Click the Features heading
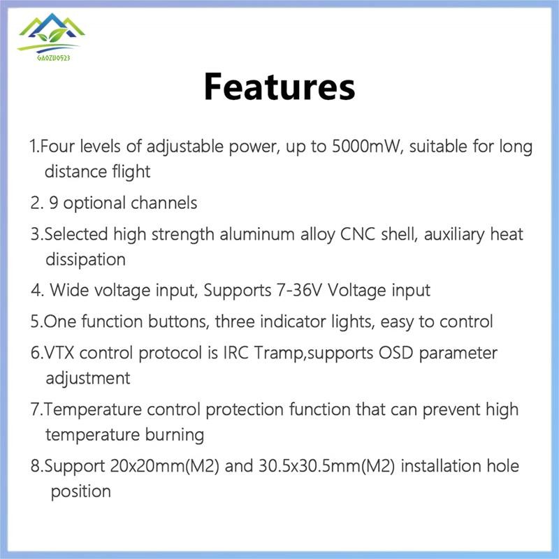(x=279, y=87)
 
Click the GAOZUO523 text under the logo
(x=54, y=57)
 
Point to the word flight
(x=131, y=172)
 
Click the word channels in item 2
(x=164, y=203)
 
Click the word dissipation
(x=85, y=260)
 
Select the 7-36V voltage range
(x=300, y=290)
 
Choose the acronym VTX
(x=59, y=353)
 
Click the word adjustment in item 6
(x=88, y=379)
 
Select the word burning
(x=174, y=435)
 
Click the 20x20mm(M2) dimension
(x=164, y=466)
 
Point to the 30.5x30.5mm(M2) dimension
(x=326, y=466)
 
